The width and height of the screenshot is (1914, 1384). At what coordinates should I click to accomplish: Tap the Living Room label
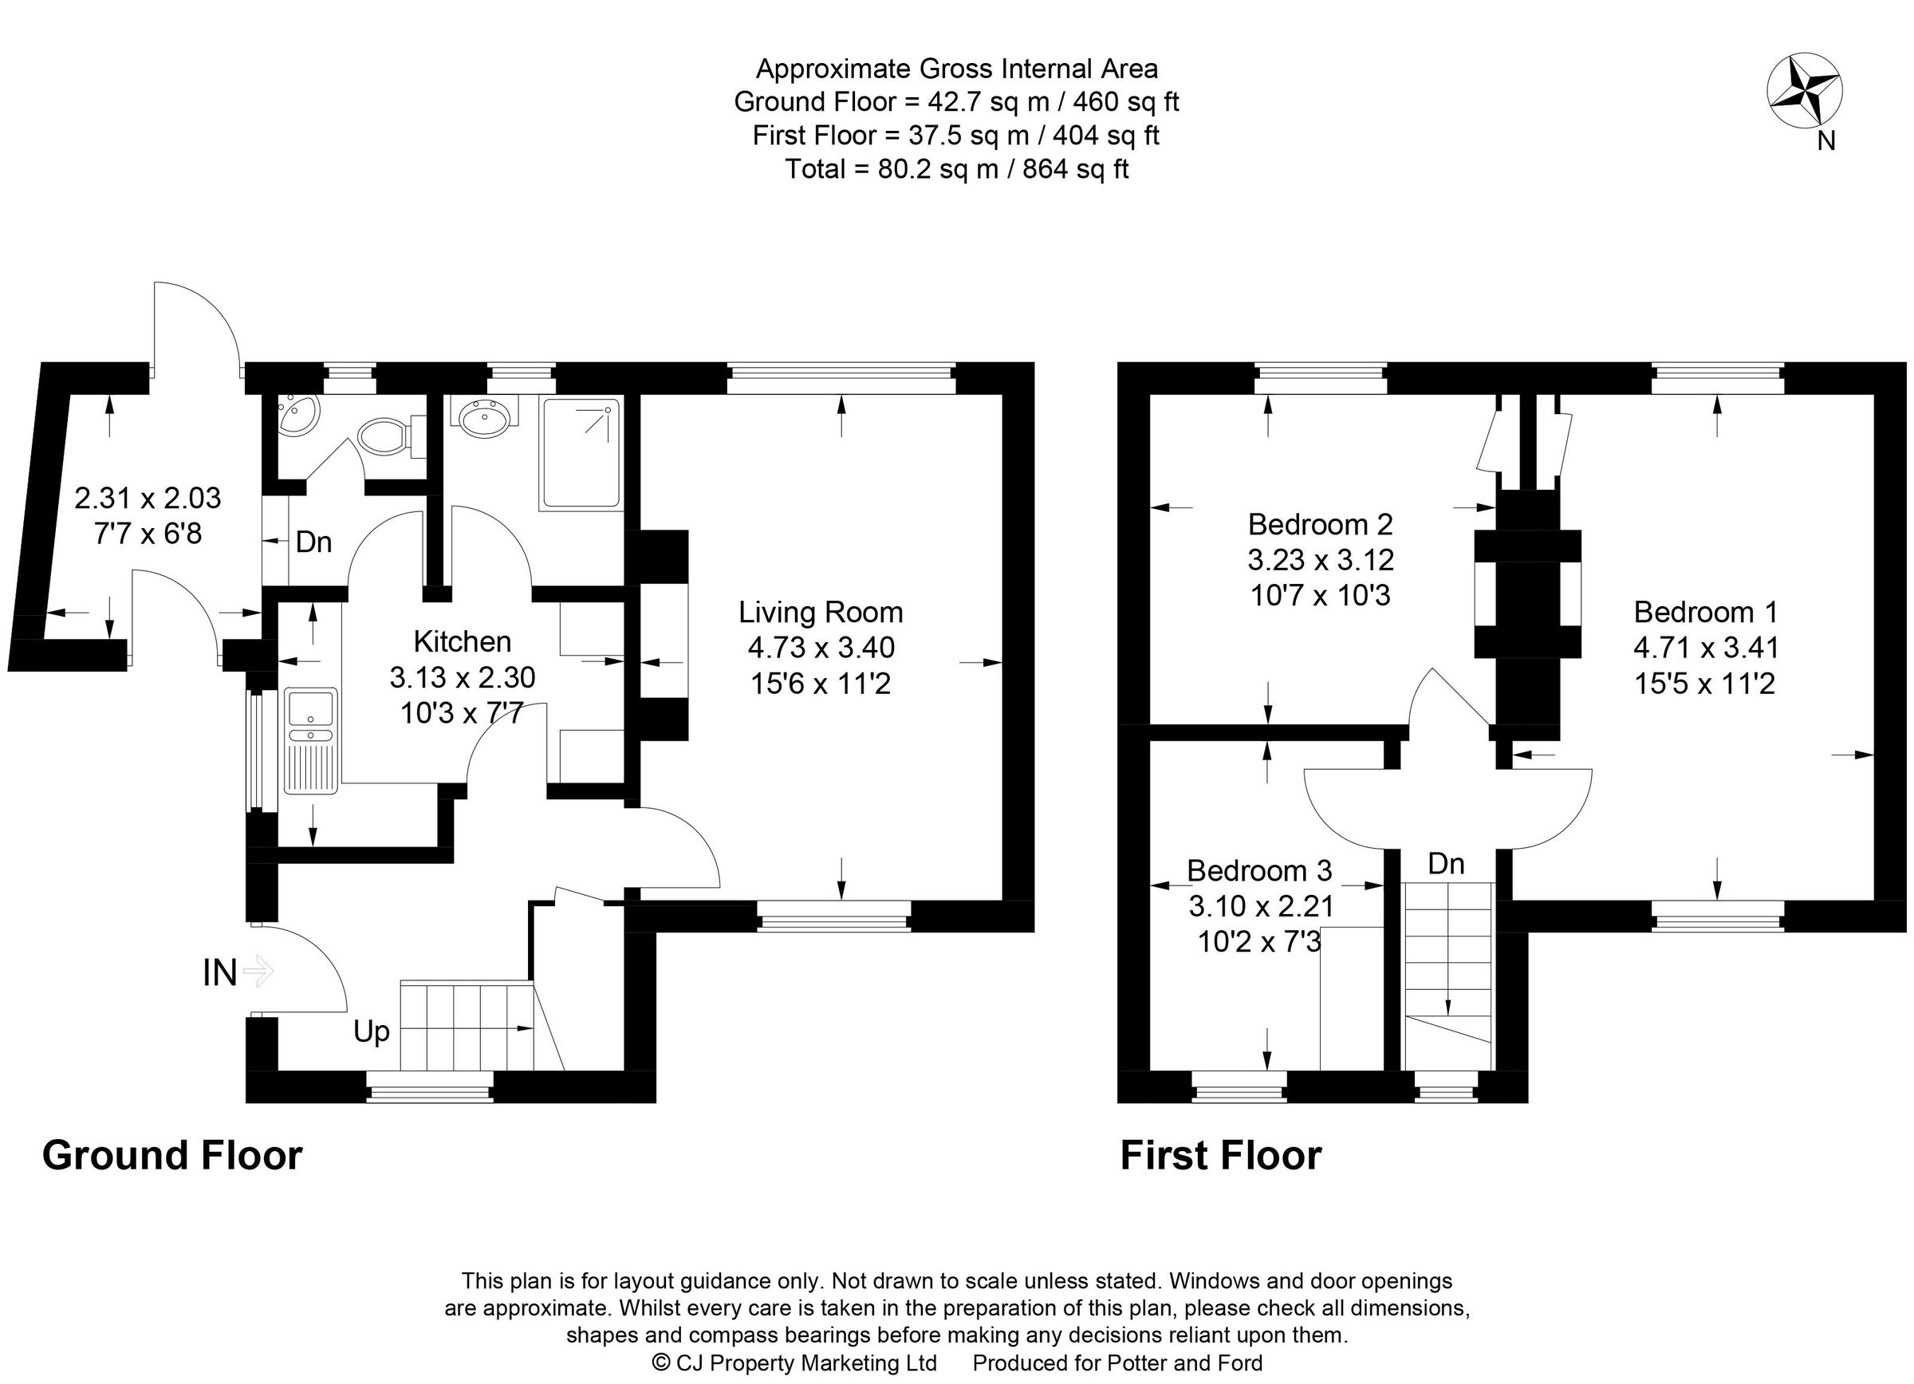click(821, 611)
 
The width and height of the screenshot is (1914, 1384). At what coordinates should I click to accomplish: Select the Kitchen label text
click(462, 641)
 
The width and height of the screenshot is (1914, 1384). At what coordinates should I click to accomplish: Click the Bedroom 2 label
click(1320, 524)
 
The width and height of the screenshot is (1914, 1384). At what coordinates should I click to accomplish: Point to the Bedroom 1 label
click(1706, 611)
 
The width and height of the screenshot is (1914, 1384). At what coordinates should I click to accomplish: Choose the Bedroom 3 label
click(1259, 869)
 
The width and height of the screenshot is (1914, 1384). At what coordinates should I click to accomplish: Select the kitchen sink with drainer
click(311, 740)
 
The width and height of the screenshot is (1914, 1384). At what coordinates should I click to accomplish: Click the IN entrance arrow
click(258, 972)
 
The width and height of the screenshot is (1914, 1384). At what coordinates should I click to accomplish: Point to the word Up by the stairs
click(372, 1031)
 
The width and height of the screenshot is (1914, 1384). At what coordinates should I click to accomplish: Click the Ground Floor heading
click(172, 1155)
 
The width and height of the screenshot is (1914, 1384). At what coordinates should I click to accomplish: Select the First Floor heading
click(1220, 1155)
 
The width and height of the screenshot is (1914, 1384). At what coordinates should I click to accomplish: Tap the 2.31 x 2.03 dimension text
click(148, 498)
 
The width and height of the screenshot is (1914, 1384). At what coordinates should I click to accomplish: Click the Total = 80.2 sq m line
click(956, 169)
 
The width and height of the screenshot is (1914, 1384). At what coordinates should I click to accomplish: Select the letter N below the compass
click(1825, 141)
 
